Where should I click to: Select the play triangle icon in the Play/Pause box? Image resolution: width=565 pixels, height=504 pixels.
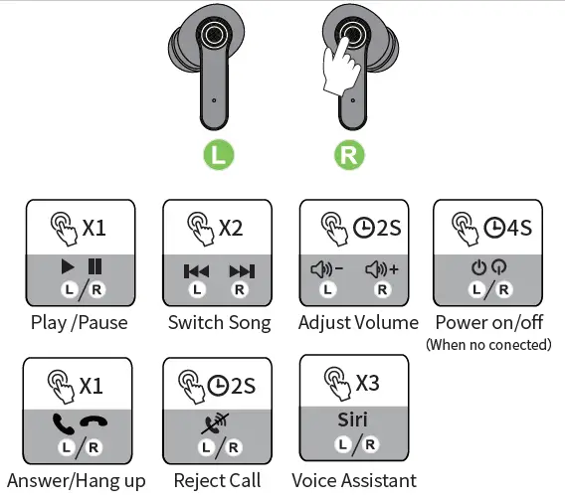coord(68,266)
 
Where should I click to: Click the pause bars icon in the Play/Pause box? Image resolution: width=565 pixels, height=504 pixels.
coord(94,266)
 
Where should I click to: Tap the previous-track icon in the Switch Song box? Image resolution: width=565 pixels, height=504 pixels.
coord(197,270)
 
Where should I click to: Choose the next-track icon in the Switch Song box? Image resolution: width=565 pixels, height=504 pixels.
coord(240,270)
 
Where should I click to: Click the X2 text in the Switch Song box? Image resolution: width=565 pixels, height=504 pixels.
coord(230,228)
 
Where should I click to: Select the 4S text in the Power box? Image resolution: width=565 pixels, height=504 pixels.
coord(518,228)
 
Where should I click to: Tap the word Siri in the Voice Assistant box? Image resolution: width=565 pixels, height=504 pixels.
coord(353,420)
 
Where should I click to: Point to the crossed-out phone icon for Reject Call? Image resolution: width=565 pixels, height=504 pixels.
coord(216,425)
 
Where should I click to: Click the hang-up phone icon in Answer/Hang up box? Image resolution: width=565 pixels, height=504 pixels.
coord(96,424)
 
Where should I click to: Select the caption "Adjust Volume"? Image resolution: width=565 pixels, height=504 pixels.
coord(358,322)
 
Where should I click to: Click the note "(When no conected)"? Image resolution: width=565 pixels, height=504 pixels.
coord(487,345)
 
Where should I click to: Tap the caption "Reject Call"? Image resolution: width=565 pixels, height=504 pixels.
coord(217,480)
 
